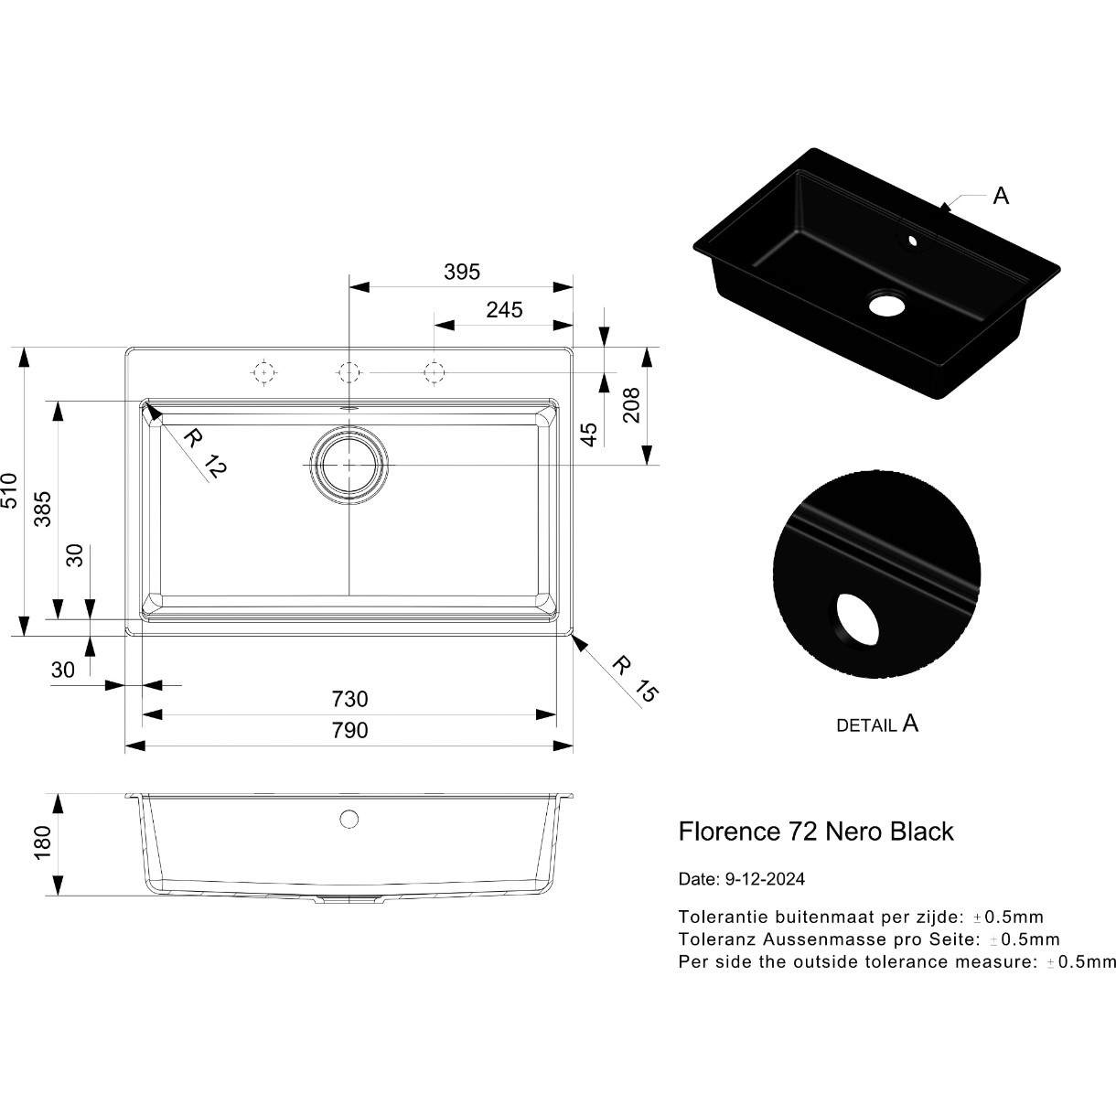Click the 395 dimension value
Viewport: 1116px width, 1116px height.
(462, 272)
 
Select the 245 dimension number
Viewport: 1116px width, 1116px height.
(504, 310)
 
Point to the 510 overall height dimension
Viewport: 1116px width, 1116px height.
(9, 490)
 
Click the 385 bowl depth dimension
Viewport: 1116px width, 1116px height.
(42, 509)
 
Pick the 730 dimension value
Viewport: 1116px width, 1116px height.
(349, 699)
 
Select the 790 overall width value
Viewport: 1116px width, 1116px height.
(349, 730)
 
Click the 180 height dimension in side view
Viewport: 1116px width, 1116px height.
(42, 842)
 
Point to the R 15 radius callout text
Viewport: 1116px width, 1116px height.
(636, 679)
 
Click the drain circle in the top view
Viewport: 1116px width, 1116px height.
(349, 465)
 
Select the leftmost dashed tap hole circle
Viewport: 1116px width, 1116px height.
(264, 371)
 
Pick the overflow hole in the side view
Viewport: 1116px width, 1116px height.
(349, 819)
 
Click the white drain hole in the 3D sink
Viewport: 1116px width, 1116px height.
(886, 305)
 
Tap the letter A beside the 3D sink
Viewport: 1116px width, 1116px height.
(1001, 197)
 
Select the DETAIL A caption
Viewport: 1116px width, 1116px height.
(877, 724)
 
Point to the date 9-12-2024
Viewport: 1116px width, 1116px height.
(765, 879)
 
